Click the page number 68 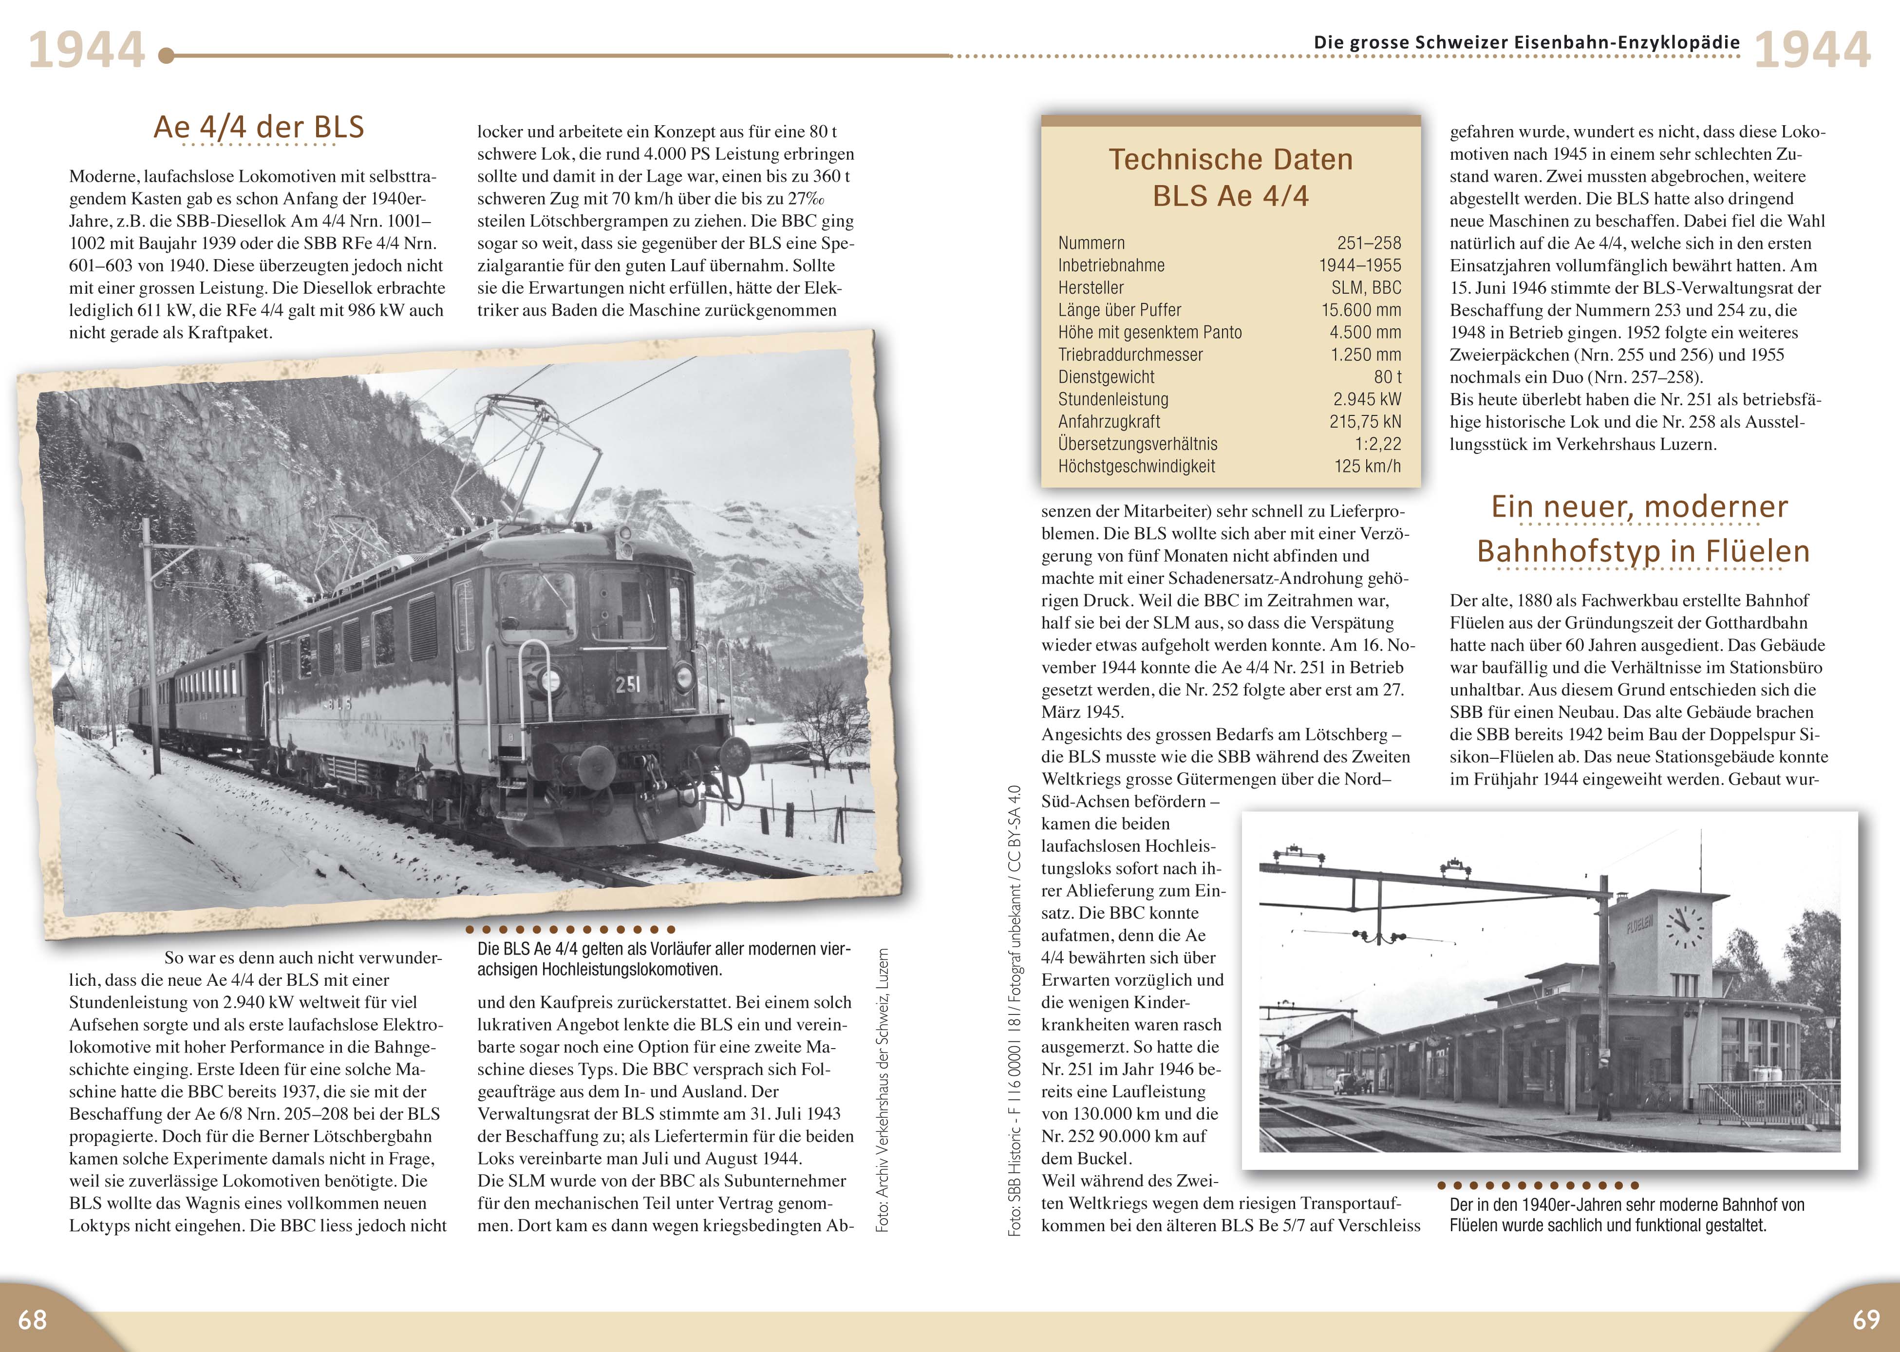tap(33, 1319)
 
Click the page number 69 tap(1866, 1319)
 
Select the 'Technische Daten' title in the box tap(1231, 159)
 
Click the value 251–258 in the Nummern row tap(1369, 243)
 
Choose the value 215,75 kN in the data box tap(1365, 422)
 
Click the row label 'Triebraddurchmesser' tap(1130, 355)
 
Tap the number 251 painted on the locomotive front tap(628, 684)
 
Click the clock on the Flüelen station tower tap(1684, 924)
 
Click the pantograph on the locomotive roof tap(541, 433)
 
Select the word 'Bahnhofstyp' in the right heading tap(1559, 551)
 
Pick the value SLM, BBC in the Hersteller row tap(1366, 288)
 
